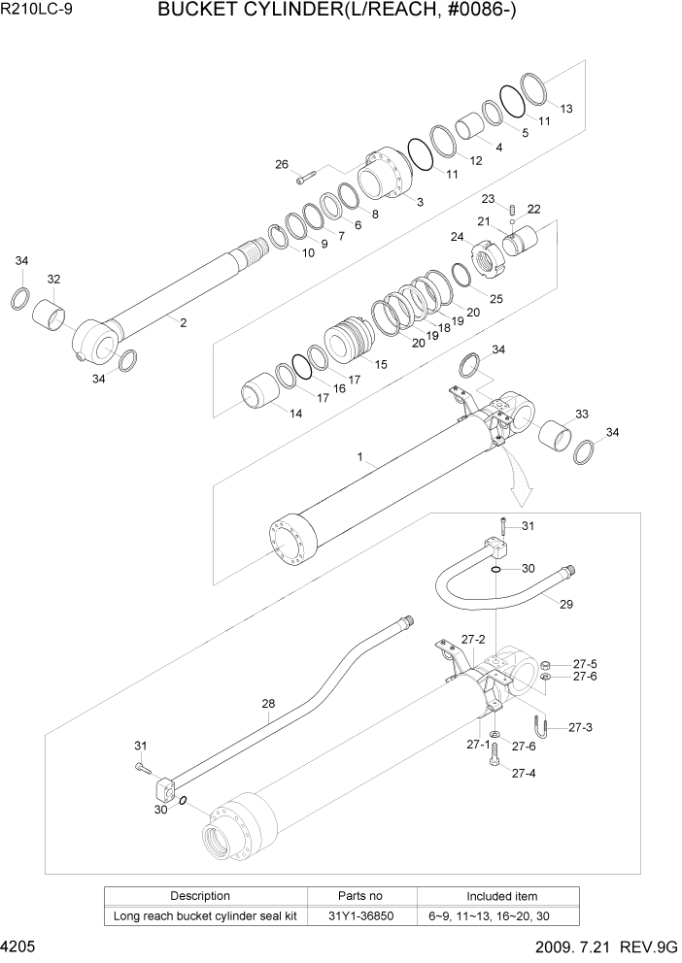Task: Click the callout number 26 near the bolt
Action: click(x=282, y=164)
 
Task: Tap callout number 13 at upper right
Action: click(x=566, y=108)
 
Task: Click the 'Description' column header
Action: click(x=200, y=896)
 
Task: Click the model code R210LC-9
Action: click(x=39, y=13)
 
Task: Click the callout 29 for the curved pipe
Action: click(x=565, y=604)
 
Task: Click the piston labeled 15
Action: click(x=347, y=345)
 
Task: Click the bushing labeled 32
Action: click(x=51, y=313)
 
